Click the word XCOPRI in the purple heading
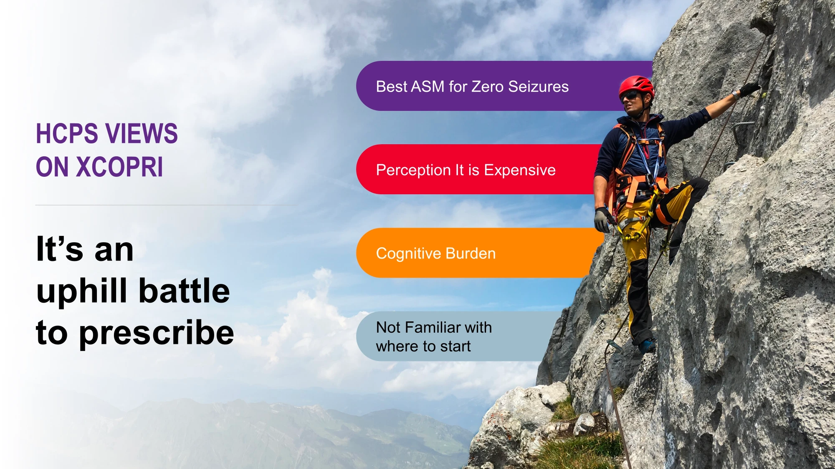(119, 167)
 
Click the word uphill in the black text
(82, 291)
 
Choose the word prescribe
(157, 334)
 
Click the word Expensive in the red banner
(520, 171)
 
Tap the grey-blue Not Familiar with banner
(459, 336)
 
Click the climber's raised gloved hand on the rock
(750, 89)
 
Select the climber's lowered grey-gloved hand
(603, 219)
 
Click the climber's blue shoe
(647, 345)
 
